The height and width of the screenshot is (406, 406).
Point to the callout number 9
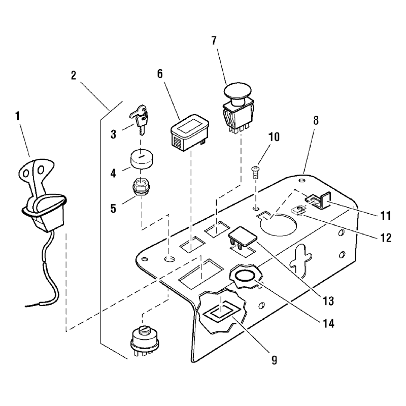(274, 360)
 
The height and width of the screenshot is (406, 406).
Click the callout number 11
(386, 216)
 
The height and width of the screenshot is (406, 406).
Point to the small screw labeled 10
(255, 172)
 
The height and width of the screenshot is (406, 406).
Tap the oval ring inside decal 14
(246, 276)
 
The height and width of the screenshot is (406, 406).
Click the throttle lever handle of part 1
(37, 178)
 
